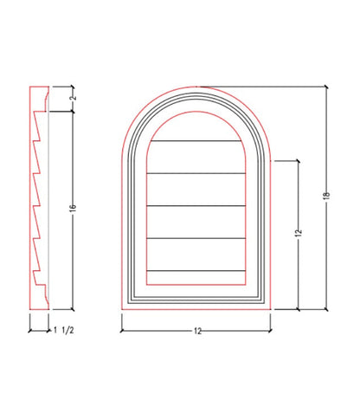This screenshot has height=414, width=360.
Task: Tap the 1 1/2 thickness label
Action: [x=61, y=330]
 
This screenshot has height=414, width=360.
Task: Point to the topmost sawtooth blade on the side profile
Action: [x=39, y=120]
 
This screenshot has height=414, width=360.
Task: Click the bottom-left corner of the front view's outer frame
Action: [x=120, y=309]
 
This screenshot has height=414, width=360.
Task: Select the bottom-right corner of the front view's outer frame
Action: [x=273, y=309]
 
